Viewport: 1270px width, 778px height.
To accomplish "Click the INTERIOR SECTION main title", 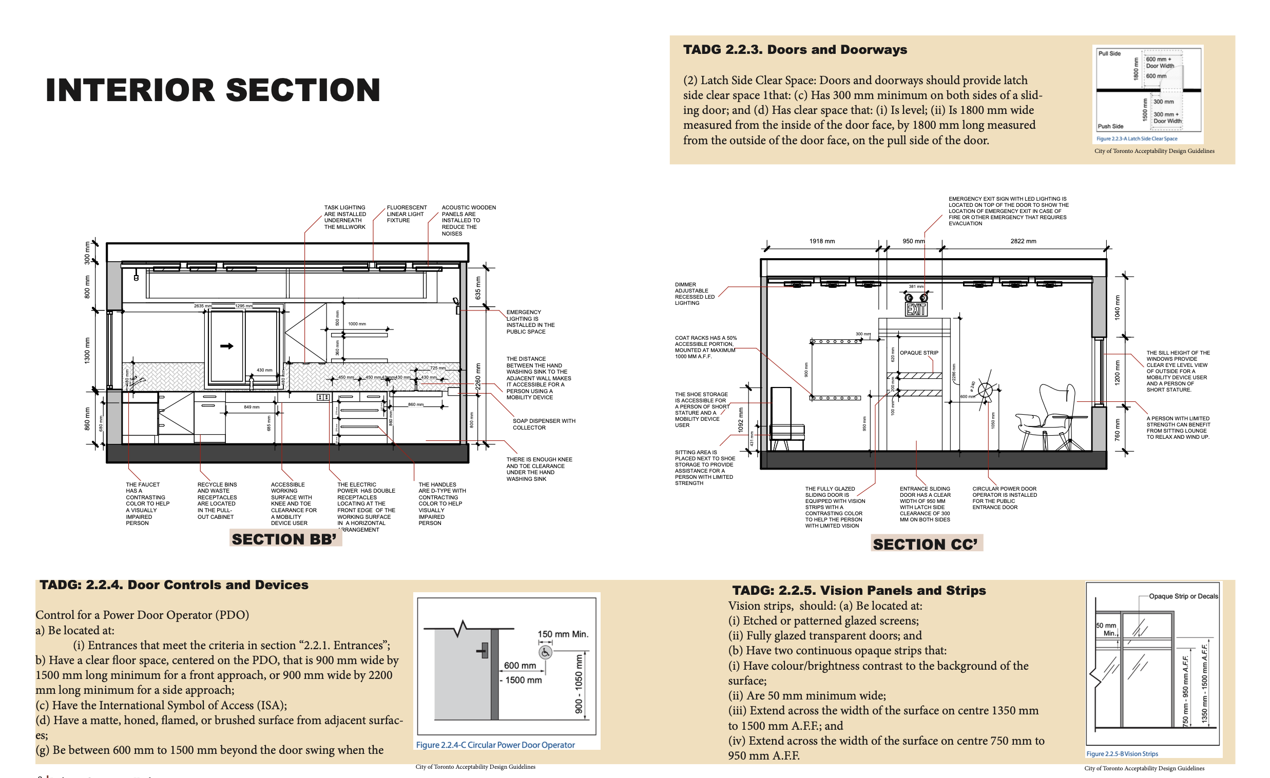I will [213, 90].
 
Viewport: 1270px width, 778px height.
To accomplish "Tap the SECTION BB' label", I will [284, 539].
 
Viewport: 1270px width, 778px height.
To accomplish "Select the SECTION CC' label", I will [925, 544].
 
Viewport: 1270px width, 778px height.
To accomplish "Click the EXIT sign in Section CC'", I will [916, 309].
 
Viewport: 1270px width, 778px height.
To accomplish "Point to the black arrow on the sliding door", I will [227, 346].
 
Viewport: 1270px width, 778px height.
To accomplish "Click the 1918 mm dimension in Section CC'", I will [821, 241].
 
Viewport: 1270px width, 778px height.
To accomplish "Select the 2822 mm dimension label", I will [1023, 241].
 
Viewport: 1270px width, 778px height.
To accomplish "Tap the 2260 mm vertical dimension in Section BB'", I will [478, 376].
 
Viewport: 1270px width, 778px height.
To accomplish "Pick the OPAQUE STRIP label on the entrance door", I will [919, 353].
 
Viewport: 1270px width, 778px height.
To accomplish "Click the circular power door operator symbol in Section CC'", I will [985, 390].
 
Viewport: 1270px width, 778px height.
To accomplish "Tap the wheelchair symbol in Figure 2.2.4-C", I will [545, 652].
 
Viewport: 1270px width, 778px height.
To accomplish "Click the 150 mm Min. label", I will [563, 634].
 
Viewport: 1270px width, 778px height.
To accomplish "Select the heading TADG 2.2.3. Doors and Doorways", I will [795, 49].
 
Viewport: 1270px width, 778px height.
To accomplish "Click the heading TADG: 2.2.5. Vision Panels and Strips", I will [859, 591].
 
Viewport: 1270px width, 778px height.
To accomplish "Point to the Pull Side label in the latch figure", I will [1109, 53].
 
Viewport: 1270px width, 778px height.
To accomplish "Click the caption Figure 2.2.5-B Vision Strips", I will [1122, 754].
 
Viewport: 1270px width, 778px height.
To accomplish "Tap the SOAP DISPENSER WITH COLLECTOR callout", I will [544, 424].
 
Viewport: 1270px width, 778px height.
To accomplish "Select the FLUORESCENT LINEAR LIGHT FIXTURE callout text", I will [406, 214].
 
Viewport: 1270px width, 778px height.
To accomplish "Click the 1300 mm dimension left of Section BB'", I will [87, 350].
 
